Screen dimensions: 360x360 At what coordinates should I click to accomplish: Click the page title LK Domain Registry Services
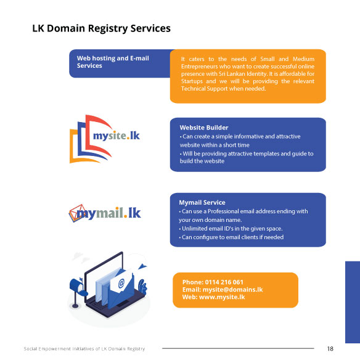pos(101,28)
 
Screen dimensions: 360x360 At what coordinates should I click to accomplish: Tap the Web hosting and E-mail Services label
pos(113,62)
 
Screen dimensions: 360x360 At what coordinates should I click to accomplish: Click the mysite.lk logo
pos(105,139)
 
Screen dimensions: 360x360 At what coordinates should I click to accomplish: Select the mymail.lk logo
pos(105,213)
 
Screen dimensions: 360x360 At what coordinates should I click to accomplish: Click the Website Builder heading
pos(204,128)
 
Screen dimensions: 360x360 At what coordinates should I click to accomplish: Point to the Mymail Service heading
pos(202,202)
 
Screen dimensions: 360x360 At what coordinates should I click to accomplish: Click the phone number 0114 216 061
pos(224,282)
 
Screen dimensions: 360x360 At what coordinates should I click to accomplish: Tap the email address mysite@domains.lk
pos(232,290)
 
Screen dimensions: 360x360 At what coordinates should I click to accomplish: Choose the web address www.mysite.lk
pos(222,297)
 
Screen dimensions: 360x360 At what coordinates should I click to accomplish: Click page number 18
pos(330,349)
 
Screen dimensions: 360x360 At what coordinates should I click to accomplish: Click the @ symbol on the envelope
pos(121,284)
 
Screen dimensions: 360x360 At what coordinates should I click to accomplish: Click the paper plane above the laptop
pos(142,266)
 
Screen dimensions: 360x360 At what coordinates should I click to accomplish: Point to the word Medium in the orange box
pos(303,59)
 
